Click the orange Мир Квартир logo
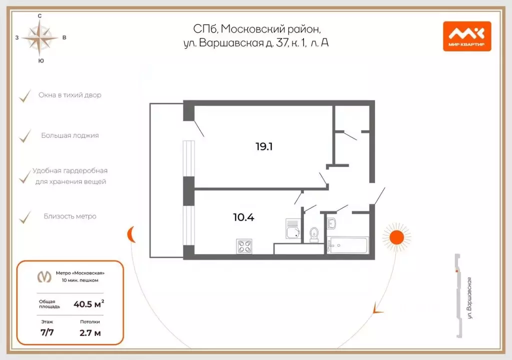467,36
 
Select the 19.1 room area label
264,146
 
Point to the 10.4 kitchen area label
243,217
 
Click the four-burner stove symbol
244,246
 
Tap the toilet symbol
314,235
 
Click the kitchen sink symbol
292,228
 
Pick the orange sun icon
396,236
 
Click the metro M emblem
44,276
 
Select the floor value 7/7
47,332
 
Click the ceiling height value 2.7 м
90,333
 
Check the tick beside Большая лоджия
25,136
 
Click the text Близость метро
70,216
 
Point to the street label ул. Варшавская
469,298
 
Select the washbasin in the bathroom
331,223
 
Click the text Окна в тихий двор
70,95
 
